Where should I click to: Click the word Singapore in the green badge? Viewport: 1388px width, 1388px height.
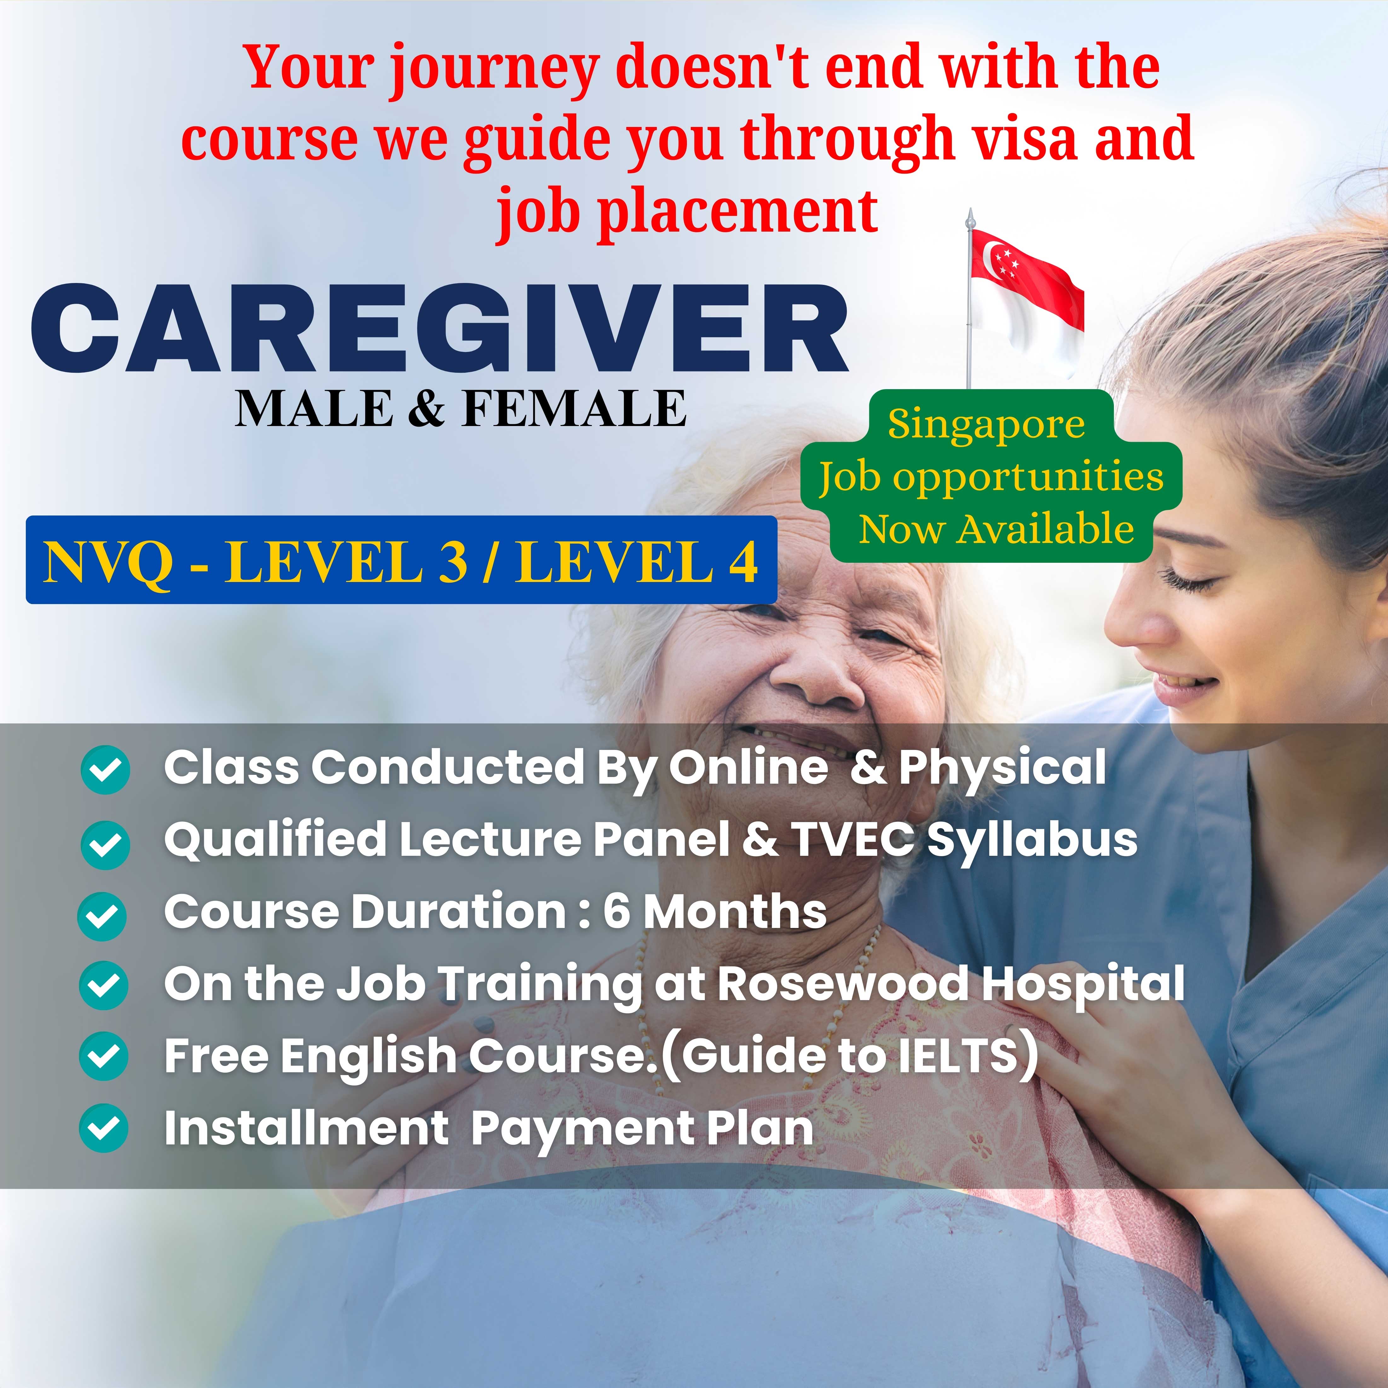986,424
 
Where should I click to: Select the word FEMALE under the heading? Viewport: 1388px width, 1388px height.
574,409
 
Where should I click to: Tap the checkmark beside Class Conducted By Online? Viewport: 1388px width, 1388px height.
105,769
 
